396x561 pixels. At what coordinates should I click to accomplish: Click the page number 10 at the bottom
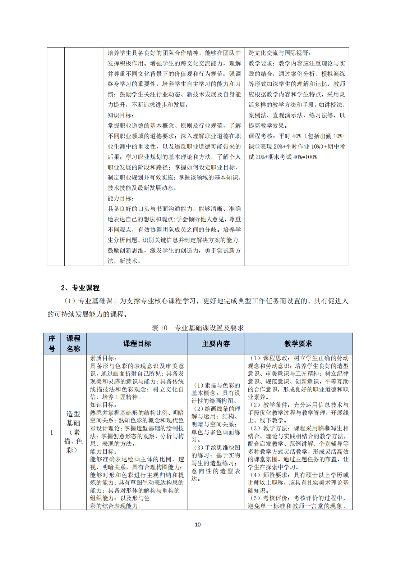198,525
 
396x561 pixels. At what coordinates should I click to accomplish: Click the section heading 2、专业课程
80,288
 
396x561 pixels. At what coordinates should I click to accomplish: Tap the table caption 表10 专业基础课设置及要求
198,328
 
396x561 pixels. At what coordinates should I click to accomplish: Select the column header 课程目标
137,344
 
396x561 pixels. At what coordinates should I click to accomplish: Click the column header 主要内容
216,344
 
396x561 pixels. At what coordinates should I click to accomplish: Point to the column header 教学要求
298,344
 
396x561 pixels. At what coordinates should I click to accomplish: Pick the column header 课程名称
73,344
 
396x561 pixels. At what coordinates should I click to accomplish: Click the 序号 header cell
52,344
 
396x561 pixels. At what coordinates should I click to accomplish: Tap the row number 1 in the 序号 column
52,432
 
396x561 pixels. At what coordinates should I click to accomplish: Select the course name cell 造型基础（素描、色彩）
73,432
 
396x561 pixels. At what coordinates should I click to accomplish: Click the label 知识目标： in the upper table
121,115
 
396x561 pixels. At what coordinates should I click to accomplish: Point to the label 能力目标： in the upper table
121,198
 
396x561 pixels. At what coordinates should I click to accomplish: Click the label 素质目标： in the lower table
103,358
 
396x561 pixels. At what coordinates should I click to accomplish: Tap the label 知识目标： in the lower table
103,405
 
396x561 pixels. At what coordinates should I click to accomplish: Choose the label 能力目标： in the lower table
103,452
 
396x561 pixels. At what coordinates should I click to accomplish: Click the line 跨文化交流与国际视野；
279,53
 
